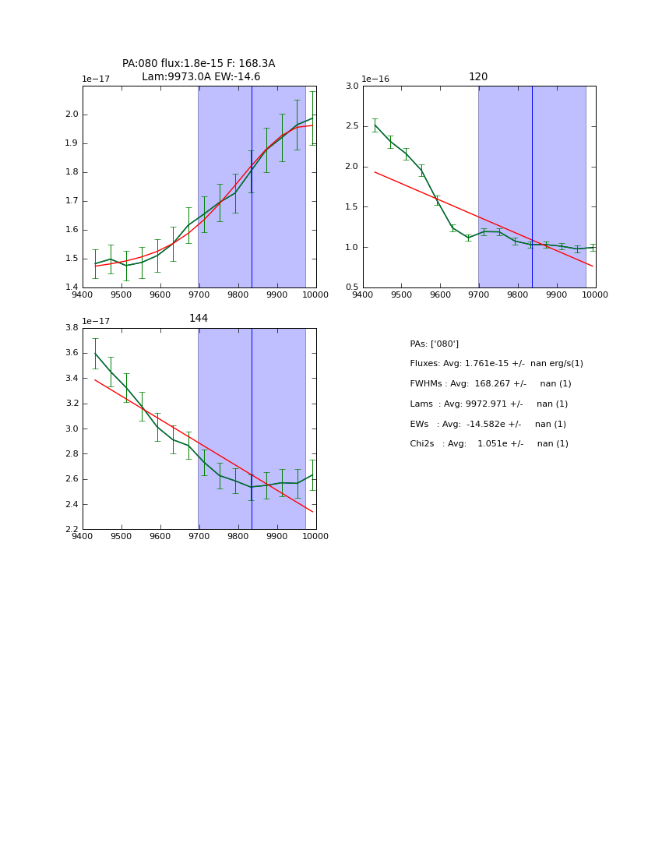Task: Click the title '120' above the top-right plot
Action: point(478,77)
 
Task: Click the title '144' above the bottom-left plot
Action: point(199,319)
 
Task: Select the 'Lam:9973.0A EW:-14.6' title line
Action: point(201,77)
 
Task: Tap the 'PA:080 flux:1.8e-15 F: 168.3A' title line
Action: point(199,64)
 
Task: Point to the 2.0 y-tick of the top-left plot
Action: point(72,115)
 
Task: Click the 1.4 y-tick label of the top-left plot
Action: point(72,287)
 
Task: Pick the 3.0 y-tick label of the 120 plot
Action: point(352,86)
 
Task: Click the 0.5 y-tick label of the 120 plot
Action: point(352,287)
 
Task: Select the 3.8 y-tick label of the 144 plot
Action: point(72,328)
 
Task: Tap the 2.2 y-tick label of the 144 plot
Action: point(72,529)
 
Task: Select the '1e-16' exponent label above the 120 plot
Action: point(376,79)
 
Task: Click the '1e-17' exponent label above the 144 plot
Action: point(96,321)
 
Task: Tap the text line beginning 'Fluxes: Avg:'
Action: point(496,364)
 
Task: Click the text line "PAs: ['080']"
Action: point(434,344)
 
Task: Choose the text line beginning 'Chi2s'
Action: point(489,444)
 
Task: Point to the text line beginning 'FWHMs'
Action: point(490,384)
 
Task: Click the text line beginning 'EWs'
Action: point(488,425)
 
